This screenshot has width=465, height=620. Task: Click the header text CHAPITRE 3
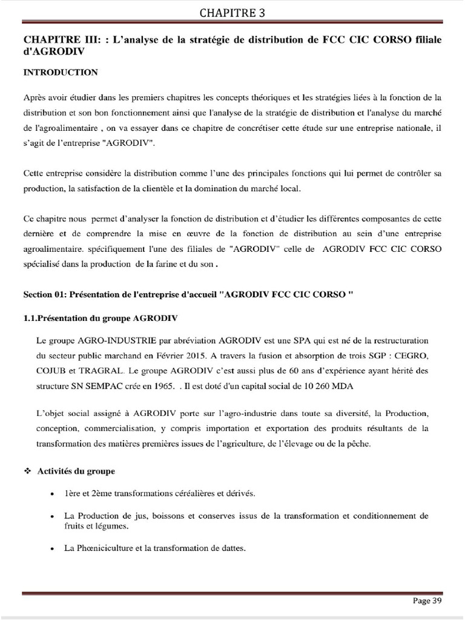point(232,12)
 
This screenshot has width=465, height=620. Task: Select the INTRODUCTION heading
point(60,72)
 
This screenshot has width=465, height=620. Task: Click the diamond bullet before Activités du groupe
point(27,470)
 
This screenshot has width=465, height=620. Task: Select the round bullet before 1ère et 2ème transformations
point(55,493)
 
